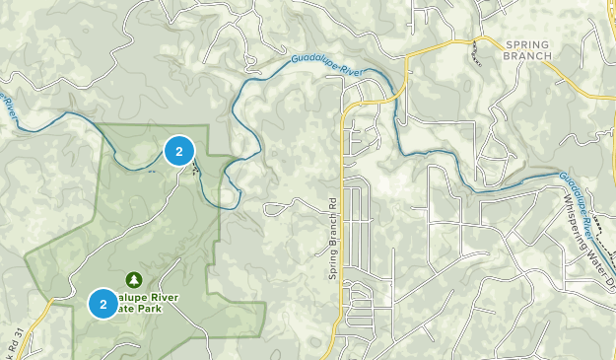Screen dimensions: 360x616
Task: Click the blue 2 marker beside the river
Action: click(178, 151)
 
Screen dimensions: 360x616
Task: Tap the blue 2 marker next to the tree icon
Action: click(103, 304)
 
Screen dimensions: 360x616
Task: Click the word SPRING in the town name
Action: click(523, 44)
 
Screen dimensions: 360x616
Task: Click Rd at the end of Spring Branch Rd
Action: click(334, 204)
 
